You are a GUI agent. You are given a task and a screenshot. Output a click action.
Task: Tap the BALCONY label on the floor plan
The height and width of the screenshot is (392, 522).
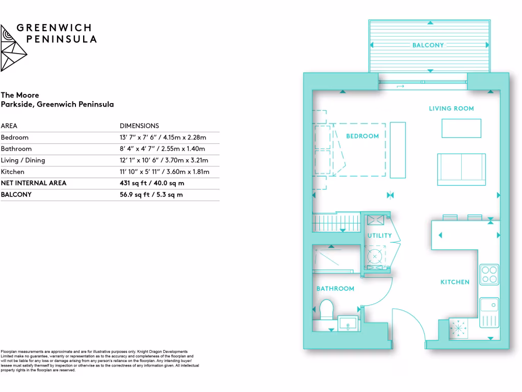428,45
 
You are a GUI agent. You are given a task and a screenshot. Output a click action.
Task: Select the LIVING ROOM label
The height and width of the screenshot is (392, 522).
451,109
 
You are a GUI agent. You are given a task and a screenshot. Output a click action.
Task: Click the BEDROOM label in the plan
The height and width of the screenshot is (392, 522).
362,136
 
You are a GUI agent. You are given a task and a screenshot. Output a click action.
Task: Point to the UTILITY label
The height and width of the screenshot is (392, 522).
380,236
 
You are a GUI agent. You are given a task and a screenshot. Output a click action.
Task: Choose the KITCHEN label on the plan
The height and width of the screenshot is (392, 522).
455,282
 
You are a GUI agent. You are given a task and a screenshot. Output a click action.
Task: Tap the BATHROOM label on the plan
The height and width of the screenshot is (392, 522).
335,289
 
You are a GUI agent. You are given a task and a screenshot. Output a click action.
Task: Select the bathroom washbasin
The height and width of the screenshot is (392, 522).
349,323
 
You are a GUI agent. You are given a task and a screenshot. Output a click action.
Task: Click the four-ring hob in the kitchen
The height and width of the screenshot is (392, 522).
489,274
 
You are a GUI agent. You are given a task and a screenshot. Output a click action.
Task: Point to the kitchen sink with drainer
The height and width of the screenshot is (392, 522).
489,312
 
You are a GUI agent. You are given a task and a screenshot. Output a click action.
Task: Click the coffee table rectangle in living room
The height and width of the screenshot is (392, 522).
461,128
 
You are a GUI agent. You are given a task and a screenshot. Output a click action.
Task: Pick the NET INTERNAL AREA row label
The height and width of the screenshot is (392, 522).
34,183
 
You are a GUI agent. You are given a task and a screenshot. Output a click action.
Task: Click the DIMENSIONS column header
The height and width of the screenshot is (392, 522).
139,126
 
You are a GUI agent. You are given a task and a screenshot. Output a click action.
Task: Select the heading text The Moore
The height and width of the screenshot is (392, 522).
20,95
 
